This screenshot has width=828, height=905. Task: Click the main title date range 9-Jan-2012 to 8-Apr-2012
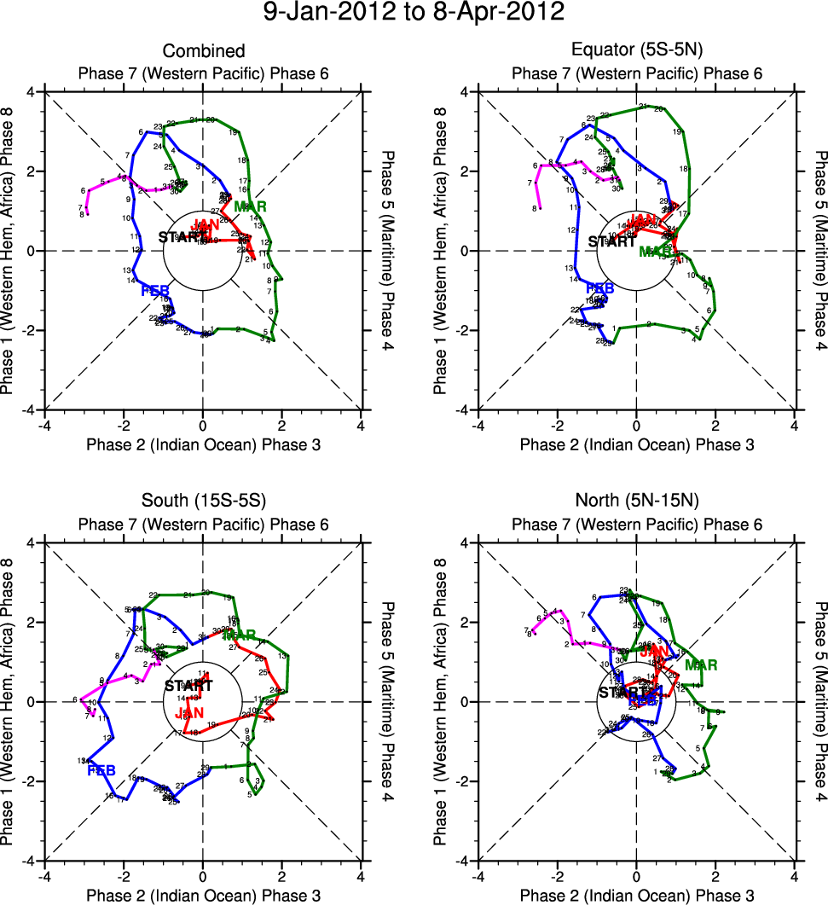pos(414,13)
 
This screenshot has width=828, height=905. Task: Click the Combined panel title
pos(204,52)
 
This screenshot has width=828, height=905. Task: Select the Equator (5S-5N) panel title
pos(637,52)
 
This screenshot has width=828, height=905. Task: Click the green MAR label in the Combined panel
pos(250,206)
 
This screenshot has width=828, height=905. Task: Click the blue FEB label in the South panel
pos(101,771)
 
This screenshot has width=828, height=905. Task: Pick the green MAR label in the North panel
pos(701,665)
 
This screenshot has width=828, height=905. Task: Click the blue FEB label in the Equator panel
pos(599,289)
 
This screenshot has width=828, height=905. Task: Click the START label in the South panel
pos(188,686)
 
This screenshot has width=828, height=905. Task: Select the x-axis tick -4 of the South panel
pos(44,876)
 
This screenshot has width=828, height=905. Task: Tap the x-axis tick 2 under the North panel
pos(715,876)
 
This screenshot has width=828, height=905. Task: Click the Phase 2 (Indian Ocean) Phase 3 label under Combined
pos(204,444)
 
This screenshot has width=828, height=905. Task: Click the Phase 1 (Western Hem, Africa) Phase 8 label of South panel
pos(11,701)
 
